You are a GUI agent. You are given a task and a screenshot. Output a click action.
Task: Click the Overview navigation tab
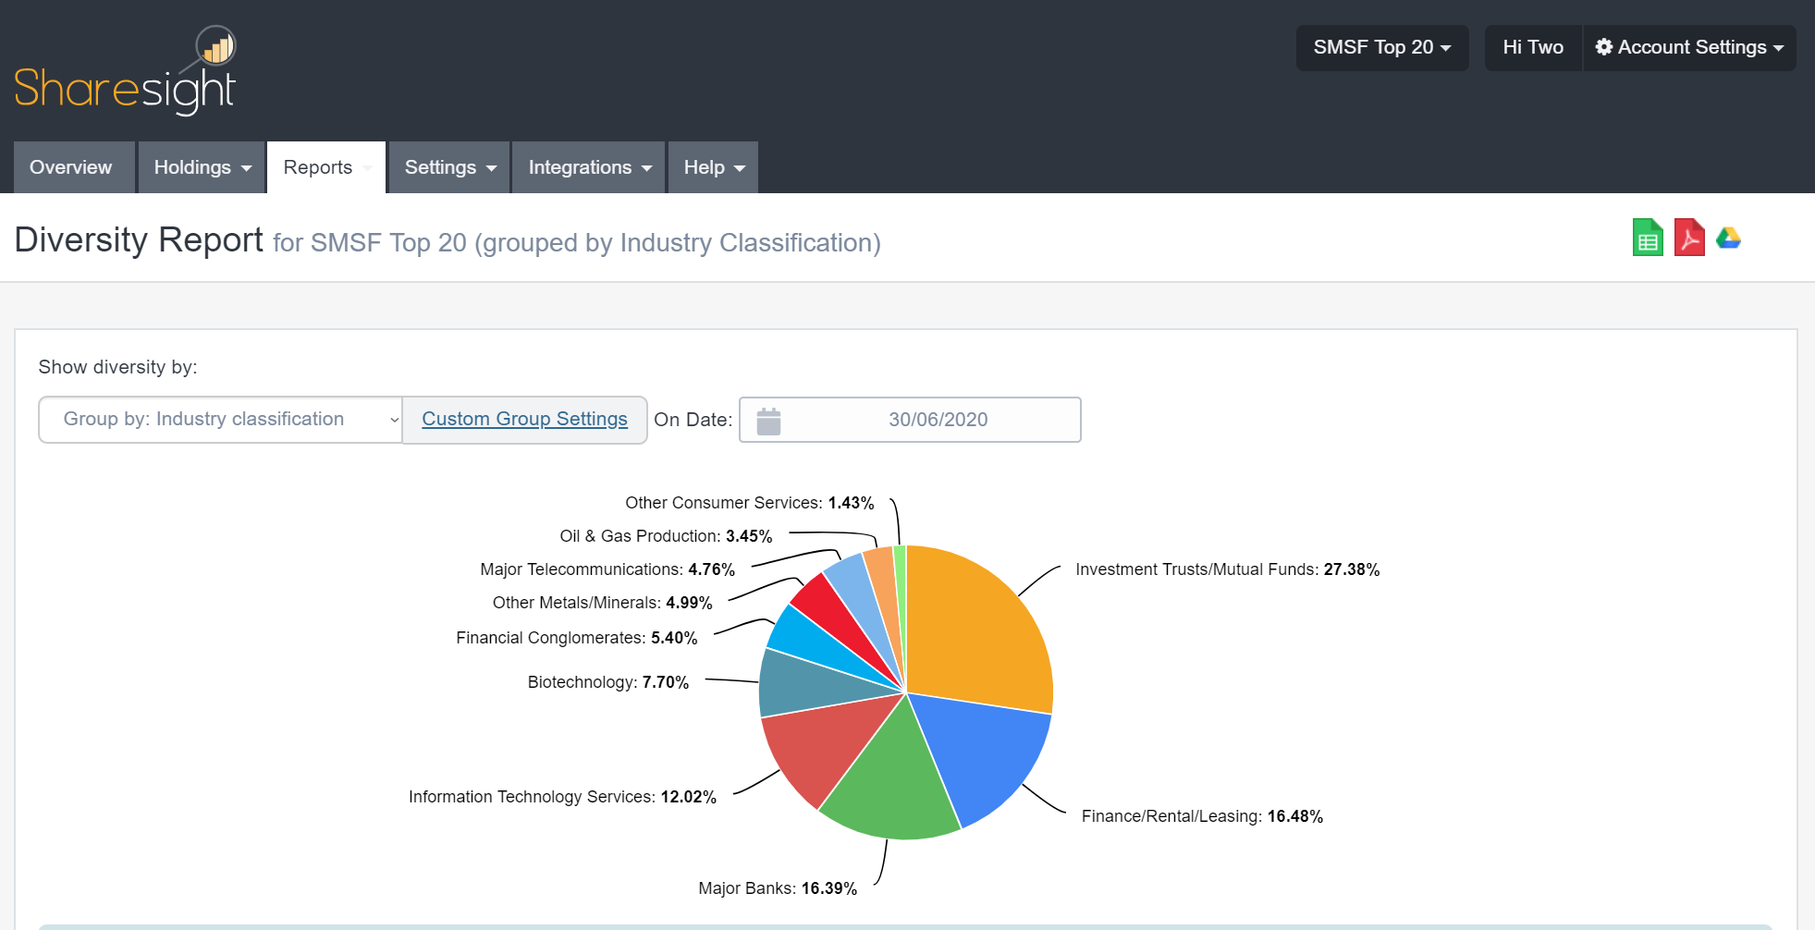pos(71,167)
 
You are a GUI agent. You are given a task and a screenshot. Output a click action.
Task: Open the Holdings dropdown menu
pos(202,167)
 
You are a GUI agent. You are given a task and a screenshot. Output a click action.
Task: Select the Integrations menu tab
pos(589,167)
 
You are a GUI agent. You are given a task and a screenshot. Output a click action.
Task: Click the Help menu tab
pos(714,167)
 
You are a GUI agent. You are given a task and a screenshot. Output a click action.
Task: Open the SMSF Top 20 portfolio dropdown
pos(1381,47)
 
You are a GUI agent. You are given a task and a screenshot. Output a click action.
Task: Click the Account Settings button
pos(1690,47)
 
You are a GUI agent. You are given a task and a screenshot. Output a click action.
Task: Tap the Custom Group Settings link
pos(524,419)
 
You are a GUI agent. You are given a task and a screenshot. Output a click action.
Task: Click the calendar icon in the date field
pos(768,421)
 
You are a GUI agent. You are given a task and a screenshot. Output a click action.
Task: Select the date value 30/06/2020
pos(938,420)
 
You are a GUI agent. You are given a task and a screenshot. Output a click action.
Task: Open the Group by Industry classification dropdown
pos(220,420)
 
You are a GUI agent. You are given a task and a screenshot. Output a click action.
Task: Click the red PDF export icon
pos(1689,239)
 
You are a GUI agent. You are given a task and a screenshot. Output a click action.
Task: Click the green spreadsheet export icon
pos(1648,239)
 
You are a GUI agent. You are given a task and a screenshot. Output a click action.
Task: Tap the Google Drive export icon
pos(1728,239)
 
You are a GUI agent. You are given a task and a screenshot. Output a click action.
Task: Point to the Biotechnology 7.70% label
pos(607,682)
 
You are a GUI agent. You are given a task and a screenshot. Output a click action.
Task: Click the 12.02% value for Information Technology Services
pos(688,797)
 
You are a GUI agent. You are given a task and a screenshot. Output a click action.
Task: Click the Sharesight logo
pos(125,74)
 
